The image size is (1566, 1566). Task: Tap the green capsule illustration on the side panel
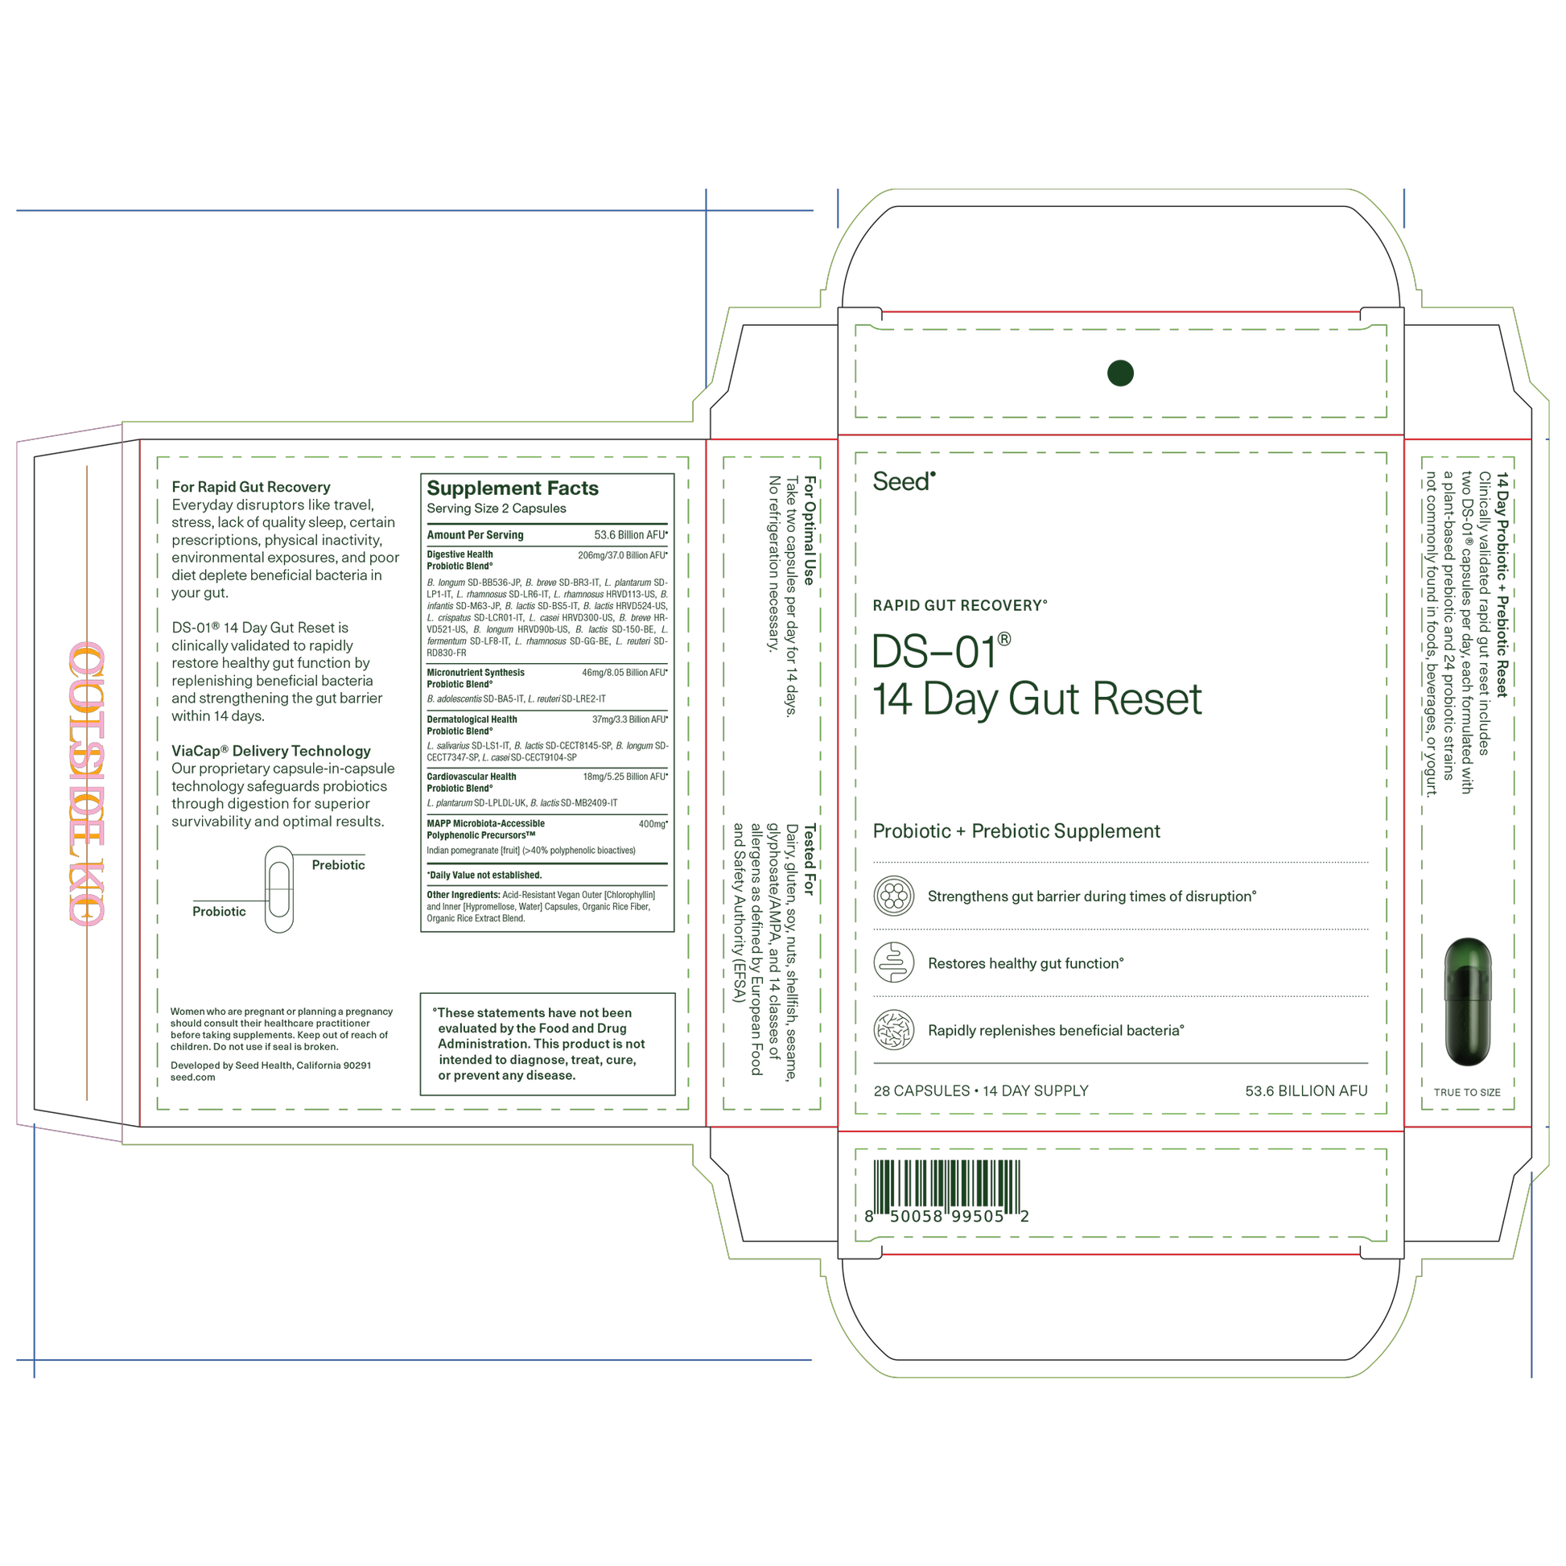1467,1001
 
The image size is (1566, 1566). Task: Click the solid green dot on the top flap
1120,373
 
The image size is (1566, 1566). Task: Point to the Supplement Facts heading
513,488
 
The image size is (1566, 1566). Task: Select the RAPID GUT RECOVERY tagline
960,604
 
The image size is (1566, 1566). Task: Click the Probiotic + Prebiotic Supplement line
1016,830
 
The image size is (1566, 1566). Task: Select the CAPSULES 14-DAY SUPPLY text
981,1090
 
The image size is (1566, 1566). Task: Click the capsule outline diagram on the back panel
278,888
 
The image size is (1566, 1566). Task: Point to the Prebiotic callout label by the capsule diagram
339,865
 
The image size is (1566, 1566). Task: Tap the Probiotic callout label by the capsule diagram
219,911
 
